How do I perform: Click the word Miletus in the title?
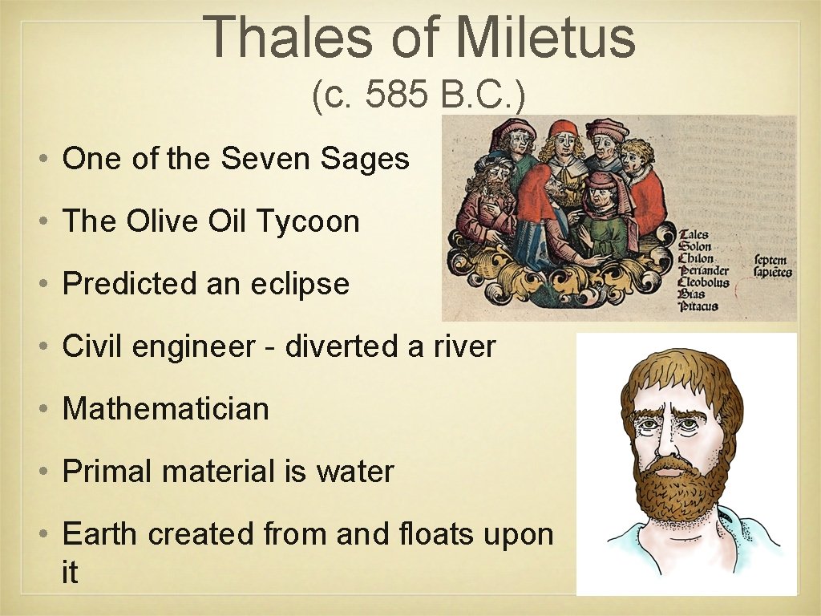click(x=545, y=37)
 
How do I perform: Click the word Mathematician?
click(x=166, y=409)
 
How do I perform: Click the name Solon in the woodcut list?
click(x=695, y=247)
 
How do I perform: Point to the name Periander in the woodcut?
click(x=704, y=270)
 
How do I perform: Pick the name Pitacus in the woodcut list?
click(x=698, y=306)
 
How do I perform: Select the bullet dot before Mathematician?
click(x=47, y=410)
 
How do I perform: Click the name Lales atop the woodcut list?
click(x=694, y=235)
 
